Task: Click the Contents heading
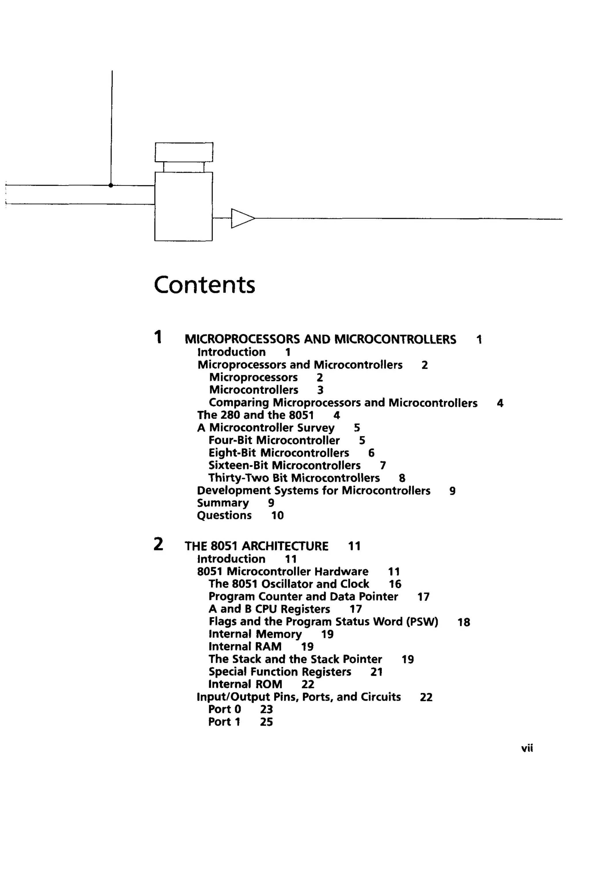point(204,285)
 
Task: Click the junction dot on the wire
point(111,185)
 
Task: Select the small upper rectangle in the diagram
point(184,152)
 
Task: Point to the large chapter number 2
point(158,544)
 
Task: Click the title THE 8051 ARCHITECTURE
point(257,546)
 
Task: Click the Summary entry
point(223,503)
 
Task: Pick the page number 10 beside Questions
point(277,515)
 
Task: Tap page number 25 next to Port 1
point(266,722)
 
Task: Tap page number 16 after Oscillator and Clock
point(395,584)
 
